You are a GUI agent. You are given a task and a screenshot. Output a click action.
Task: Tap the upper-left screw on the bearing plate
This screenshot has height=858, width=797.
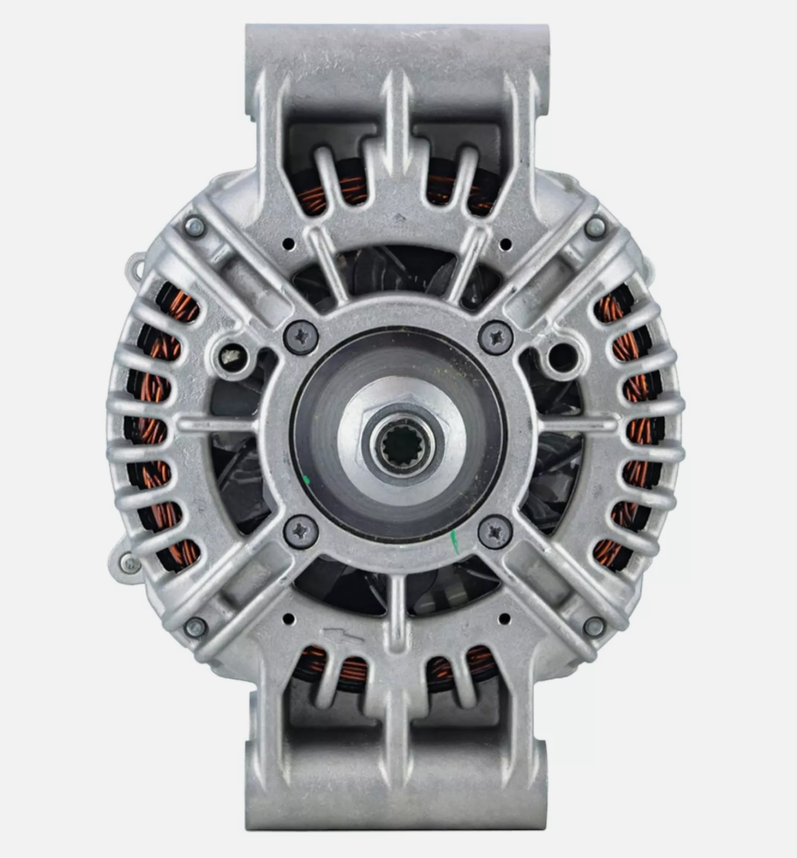point(302,337)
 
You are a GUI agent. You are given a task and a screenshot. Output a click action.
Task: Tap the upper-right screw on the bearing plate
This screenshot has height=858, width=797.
point(496,338)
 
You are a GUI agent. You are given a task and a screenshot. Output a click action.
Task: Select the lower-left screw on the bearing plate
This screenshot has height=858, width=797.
point(301,531)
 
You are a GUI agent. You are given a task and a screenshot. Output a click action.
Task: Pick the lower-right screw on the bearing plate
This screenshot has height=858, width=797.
point(495,532)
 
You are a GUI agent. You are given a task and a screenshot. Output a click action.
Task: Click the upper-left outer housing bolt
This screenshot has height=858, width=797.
point(196,227)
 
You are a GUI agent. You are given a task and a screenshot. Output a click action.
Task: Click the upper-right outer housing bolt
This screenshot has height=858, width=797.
point(596,227)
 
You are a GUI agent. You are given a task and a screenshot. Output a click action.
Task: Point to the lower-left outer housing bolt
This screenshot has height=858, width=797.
point(196,627)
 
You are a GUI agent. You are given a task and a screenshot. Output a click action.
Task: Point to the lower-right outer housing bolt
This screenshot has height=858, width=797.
point(594,626)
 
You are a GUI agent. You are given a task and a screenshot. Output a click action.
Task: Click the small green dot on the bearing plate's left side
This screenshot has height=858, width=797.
point(306,479)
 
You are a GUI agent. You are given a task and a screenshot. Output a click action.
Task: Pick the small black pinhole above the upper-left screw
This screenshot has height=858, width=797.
point(289,245)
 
